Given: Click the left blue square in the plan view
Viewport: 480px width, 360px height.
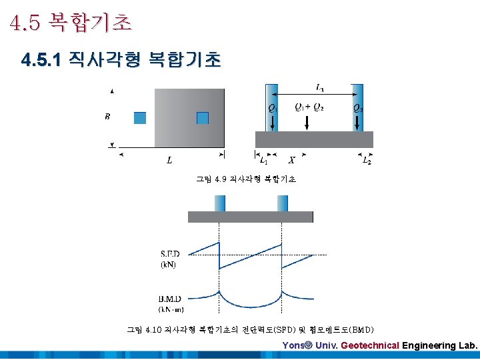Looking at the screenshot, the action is pyautogui.click(x=139, y=118).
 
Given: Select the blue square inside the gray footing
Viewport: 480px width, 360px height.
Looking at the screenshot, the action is pyautogui.click(x=203, y=118).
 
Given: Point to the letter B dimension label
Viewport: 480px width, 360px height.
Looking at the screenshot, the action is pyautogui.click(x=107, y=117).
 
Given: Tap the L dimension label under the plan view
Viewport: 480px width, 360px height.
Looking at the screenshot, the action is pyautogui.click(x=170, y=160).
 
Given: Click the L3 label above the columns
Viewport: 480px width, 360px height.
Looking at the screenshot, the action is pyautogui.click(x=320, y=87).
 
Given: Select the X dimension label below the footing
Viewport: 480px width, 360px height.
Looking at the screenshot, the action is pyautogui.click(x=291, y=160).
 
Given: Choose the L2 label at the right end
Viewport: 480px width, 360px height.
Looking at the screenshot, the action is pyautogui.click(x=366, y=161).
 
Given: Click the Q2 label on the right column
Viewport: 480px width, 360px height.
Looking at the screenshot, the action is pyautogui.click(x=357, y=108).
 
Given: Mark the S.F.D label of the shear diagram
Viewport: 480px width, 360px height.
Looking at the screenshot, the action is pyautogui.click(x=170, y=255).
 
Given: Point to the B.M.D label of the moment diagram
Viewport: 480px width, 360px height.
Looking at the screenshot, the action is pyautogui.click(x=171, y=299).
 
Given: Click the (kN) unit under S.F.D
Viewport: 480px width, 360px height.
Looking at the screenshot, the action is pyautogui.click(x=169, y=265).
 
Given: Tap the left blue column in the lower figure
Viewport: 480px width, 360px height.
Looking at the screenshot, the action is pyautogui.click(x=220, y=203).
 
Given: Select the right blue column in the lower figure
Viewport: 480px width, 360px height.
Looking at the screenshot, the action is pyautogui.click(x=283, y=203).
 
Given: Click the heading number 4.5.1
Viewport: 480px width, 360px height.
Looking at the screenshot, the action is pyautogui.click(x=41, y=61).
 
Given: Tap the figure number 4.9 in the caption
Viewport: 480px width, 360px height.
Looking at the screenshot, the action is pyautogui.click(x=221, y=179).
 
